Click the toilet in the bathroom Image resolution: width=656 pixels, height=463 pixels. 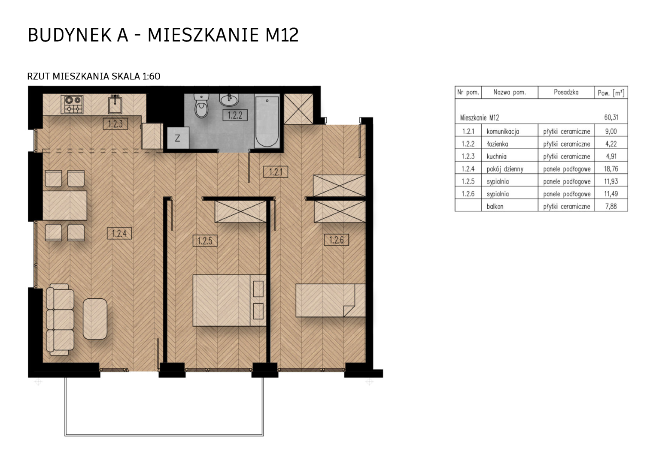tap(201, 105)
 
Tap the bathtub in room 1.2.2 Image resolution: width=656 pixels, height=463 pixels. tap(267, 121)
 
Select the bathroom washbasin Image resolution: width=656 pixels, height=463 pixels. tap(229, 99)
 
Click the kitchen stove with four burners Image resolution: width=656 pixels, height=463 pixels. tap(72, 105)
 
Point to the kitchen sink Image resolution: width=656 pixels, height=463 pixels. tap(115, 105)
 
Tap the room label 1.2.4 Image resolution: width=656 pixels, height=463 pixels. tap(119, 234)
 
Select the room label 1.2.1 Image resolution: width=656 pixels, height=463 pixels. tap(276, 172)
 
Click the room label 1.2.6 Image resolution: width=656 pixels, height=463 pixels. tap(337, 240)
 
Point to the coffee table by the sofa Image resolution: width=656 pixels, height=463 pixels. tap(95, 319)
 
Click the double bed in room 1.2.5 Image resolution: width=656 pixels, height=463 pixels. tap(229, 301)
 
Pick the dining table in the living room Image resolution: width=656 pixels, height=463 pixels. tap(65, 205)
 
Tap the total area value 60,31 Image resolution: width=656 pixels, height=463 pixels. tap(611, 117)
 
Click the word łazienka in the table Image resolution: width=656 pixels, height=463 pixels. tap(497, 144)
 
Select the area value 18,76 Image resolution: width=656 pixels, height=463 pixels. tap(611, 169)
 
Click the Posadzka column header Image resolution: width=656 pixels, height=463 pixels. tap(566, 93)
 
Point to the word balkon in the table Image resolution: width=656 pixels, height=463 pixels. tap(495, 207)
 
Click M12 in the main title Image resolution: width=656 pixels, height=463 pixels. tap(282, 35)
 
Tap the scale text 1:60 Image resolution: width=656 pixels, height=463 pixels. tap(151, 76)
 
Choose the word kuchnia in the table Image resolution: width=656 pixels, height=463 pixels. tap(496, 156)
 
